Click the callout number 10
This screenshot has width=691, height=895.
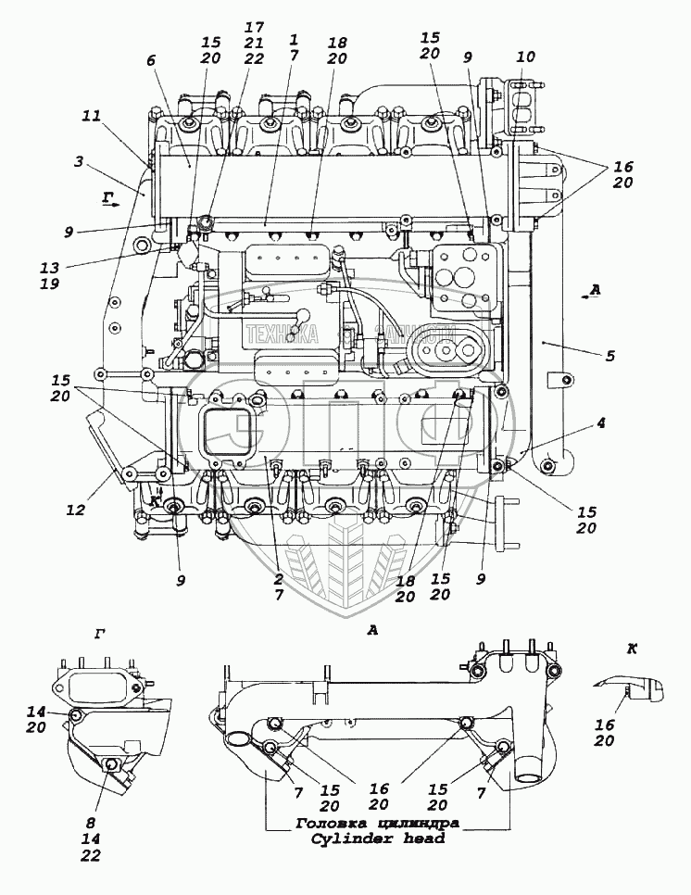click(x=526, y=57)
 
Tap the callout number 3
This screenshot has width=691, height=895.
click(x=81, y=161)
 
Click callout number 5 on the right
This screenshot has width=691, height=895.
click(x=609, y=356)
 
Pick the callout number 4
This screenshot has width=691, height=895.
click(x=600, y=424)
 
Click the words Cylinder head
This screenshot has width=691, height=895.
click(x=371, y=839)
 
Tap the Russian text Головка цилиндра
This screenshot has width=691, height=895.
click(x=377, y=823)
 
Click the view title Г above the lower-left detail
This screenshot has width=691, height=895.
click(x=99, y=634)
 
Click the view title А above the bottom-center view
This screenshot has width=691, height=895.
click(x=372, y=630)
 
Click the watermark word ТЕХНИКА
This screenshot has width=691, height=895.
click(x=282, y=336)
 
